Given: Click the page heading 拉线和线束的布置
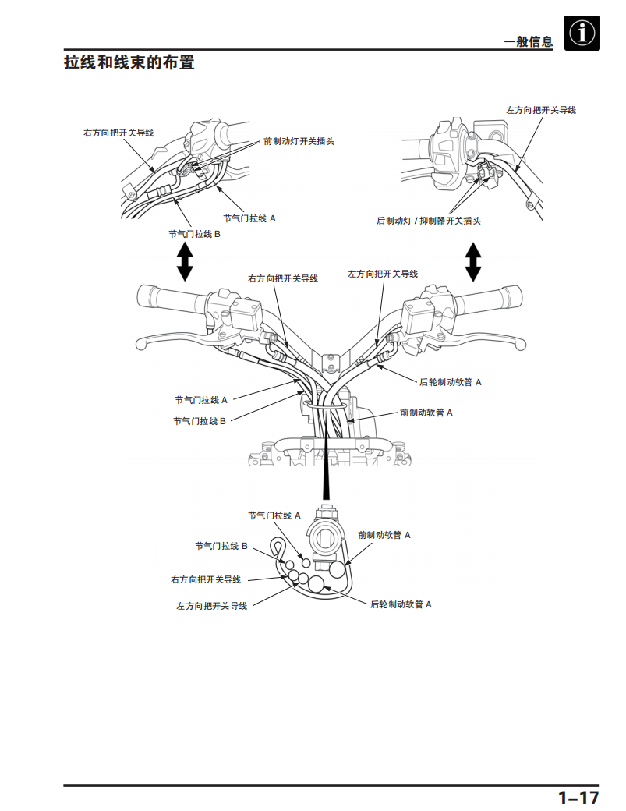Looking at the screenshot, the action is pos(129,62).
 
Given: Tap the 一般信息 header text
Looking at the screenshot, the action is pos(529,42).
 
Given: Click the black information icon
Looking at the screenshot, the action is pos(582,33).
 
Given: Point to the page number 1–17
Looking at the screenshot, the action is pos(578,797).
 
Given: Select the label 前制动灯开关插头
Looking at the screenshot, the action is pos(299,141).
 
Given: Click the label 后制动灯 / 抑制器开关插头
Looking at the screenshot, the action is pos(429,221).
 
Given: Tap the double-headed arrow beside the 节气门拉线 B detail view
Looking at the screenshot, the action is pos(185,262).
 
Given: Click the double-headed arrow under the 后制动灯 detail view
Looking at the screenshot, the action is pos(472,262).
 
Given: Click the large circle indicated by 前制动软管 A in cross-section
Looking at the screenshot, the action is pos(337,570).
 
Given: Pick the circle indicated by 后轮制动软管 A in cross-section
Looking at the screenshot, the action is pos(316,584).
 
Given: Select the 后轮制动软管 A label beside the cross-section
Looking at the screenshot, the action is pos(401,604).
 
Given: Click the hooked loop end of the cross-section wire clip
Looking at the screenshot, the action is pos(278,546).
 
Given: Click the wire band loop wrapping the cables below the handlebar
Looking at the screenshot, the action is pos(325,404).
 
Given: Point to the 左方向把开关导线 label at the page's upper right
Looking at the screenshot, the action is pos(541,110).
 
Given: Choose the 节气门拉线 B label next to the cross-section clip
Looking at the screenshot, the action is pos(221,546).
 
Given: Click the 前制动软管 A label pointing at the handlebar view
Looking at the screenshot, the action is pos(426,413).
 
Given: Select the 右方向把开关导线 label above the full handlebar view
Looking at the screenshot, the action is pos(283,279).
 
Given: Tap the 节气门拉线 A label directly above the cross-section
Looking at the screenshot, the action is pos(274,515).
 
